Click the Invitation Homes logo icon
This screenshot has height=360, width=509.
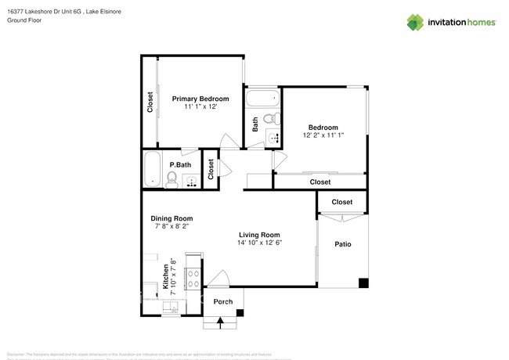click(414, 22)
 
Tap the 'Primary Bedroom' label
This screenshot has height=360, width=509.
click(200, 99)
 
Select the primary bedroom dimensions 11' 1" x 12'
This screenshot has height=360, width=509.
click(200, 107)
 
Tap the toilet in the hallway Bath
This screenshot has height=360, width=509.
click(269, 120)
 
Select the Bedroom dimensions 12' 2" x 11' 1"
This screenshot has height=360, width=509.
click(323, 135)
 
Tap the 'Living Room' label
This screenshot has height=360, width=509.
click(259, 234)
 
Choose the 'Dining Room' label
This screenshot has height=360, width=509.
click(171, 218)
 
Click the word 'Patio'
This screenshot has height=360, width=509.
click(342, 244)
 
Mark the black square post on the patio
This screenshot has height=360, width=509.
click(363, 283)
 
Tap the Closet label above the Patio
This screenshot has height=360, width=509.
click(342, 202)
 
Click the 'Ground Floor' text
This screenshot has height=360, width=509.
click(24, 21)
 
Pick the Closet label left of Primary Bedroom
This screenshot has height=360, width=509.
click(150, 103)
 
